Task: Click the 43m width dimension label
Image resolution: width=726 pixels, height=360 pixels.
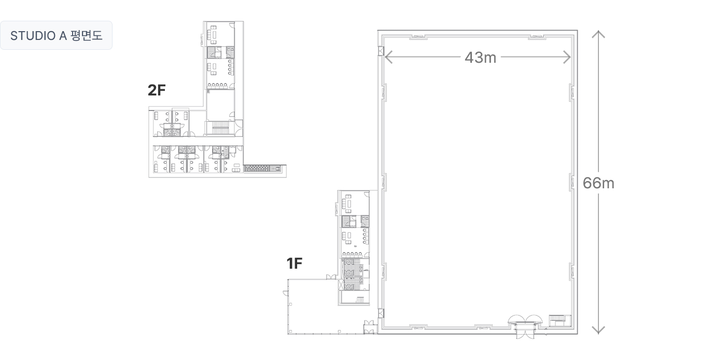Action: [x=480, y=58]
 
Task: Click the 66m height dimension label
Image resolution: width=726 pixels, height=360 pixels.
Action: [x=598, y=183]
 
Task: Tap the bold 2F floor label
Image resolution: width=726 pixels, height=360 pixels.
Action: [x=157, y=90]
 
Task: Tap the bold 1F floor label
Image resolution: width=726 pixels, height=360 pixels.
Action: [x=295, y=264]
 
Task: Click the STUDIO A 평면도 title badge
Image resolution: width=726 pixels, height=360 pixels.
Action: [x=56, y=35]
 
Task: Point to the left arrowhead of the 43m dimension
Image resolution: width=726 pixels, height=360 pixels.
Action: [x=388, y=57]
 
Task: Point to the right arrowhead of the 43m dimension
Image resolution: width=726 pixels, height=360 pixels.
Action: [x=567, y=57]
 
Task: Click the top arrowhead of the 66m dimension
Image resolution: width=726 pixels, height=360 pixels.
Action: [x=598, y=34]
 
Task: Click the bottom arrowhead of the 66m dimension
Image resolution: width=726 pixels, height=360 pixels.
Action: [x=598, y=330]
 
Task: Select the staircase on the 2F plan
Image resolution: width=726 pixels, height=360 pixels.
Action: [x=221, y=128]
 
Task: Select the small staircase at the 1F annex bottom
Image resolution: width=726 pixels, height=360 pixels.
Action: [x=360, y=300]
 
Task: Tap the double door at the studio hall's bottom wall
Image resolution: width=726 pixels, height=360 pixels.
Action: [x=525, y=326]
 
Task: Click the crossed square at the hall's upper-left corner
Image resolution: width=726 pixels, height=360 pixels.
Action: [x=381, y=51]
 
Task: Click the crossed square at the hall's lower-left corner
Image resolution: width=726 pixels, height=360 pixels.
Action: [x=381, y=314]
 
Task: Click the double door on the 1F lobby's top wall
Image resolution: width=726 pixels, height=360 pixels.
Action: [x=331, y=276]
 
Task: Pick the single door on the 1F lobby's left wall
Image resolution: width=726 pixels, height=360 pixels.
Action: [x=286, y=293]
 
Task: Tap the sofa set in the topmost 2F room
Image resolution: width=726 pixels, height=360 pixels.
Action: [x=213, y=34]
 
